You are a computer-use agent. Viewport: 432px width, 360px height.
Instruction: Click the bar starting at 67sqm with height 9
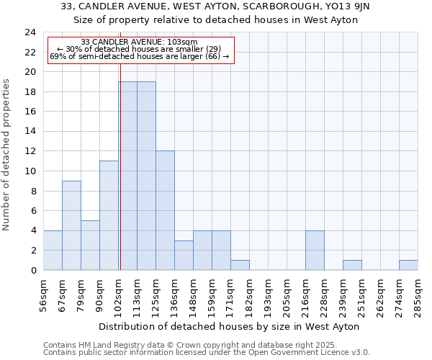[x=71, y=225]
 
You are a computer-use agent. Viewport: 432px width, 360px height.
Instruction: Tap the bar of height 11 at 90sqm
[x=109, y=215]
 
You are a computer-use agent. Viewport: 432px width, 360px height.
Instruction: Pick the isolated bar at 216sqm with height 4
[x=315, y=250]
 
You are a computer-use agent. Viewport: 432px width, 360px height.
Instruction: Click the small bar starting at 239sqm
[x=352, y=265]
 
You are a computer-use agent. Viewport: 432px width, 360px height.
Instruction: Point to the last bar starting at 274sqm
[x=408, y=265]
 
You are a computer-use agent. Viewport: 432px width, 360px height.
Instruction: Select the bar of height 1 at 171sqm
[x=240, y=265]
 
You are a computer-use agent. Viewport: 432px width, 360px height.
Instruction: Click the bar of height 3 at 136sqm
[x=184, y=255]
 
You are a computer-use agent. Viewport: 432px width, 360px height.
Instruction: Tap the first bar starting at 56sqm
[x=53, y=250]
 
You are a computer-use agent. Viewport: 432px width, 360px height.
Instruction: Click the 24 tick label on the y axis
[x=30, y=32]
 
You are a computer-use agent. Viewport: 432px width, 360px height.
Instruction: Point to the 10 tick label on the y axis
[x=30, y=171]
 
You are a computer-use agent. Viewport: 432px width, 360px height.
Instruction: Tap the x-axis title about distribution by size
[x=230, y=326]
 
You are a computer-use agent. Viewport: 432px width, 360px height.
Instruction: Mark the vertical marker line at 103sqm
[x=120, y=166]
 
